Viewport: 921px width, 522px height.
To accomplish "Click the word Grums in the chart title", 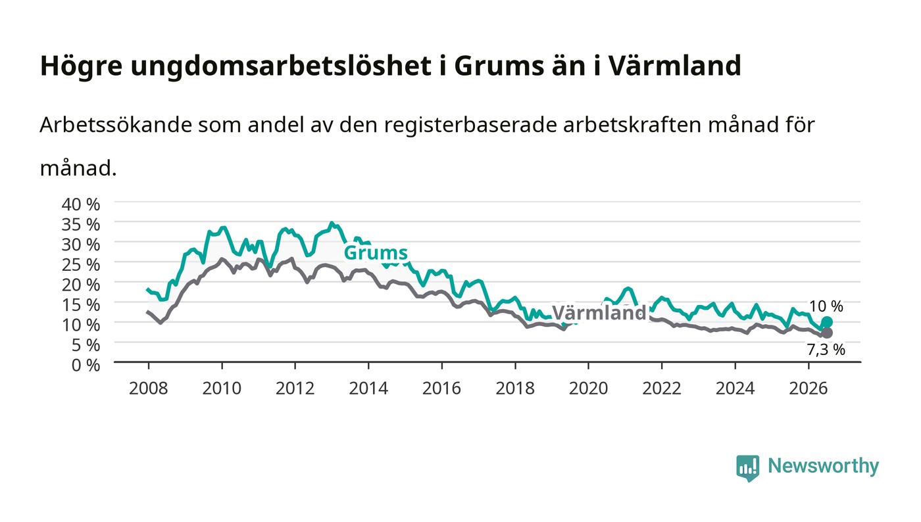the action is tap(499, 66).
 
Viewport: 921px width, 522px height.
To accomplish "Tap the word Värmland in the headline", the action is tap(675, 66).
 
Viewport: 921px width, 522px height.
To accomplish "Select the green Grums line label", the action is tap(376, 252).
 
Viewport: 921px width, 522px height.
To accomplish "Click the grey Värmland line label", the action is tap(599, 313).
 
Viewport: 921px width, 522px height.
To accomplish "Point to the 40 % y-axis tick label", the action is tap(81, 204).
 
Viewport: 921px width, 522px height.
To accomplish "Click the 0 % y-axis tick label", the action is tap(86, 365).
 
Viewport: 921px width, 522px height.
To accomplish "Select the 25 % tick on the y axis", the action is tap(81, 265).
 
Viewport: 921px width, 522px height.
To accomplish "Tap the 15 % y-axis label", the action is tap(81, 305).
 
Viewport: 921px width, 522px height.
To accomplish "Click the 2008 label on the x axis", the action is tap(149, 389).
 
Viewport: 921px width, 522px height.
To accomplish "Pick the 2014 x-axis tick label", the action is tap(368, 389).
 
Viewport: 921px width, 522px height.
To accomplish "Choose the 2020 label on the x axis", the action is tap(588, 389).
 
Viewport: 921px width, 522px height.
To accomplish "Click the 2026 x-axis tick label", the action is tap(809, 389).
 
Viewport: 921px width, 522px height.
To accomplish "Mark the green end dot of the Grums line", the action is tap(827, 322).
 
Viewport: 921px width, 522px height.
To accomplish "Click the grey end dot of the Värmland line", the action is tap(827, 333).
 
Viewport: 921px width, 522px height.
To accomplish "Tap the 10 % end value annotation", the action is tap(826, 306).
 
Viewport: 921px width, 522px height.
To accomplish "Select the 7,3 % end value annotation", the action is tap(826, 350).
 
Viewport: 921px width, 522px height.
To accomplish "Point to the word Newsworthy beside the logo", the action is tap(823, 466).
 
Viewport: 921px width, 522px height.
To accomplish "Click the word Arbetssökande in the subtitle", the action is tap(116, 124).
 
